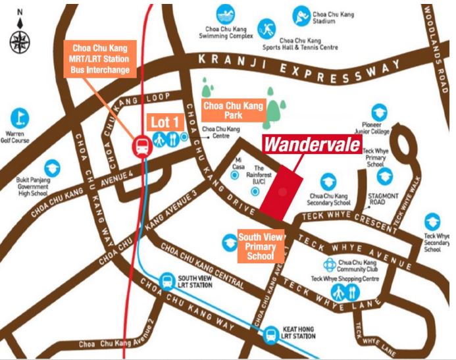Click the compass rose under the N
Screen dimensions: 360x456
click(19, 41)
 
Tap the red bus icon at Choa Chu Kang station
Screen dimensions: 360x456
click(141, 147)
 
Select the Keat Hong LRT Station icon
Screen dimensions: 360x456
click(270, 335)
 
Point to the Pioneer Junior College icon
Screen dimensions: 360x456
click(378, 113)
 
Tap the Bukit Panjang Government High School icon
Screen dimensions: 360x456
click(52, 168)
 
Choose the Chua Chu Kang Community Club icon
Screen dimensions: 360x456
click(330, 264)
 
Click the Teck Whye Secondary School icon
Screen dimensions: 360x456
click(432, 222)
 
